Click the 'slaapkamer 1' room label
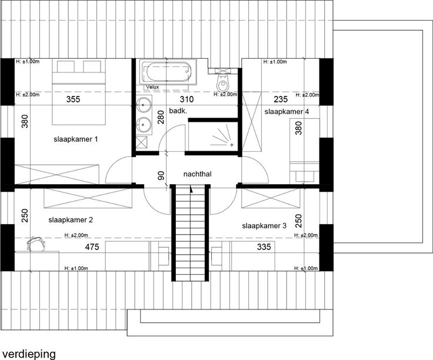(76, 139)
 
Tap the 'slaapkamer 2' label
(71, 220)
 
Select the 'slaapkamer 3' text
(264, 226)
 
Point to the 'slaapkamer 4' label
(287, 112)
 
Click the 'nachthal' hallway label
(198, 174)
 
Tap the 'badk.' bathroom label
(178, 111)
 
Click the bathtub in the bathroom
(168, 71)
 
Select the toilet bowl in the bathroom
(222, 84)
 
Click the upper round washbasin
(144, 104)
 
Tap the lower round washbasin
(144, 125)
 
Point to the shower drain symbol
(231, 144)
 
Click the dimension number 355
(73, 99)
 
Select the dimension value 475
(92, 246)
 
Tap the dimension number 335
(264, 246)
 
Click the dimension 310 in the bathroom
(186, 99)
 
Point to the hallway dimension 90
(161, 175)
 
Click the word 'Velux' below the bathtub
(152, 87)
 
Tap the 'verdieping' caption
(29, 354)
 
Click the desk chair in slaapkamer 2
(36, 244)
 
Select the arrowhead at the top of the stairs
(191, 189)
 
